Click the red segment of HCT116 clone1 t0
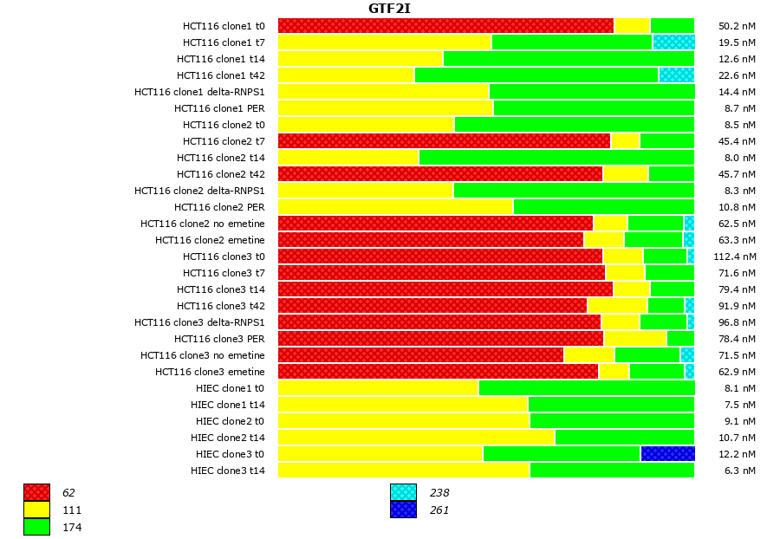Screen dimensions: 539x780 445,26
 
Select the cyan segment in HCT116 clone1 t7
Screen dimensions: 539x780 673,42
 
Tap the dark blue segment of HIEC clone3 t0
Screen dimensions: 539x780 667,454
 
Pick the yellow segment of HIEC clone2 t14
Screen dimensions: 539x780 416,438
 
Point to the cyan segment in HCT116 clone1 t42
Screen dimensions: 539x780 676,75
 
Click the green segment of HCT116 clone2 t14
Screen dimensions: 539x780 556,158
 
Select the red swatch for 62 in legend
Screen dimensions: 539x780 36,493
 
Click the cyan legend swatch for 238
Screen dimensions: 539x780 403,493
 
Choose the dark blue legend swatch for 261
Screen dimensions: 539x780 403,510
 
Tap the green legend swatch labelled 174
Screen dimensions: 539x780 36,526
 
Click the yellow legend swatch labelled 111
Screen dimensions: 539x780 36,510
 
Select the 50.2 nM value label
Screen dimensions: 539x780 738,26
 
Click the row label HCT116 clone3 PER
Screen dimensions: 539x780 219,339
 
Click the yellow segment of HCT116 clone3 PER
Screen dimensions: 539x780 634,339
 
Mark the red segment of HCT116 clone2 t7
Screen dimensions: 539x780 444,141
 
